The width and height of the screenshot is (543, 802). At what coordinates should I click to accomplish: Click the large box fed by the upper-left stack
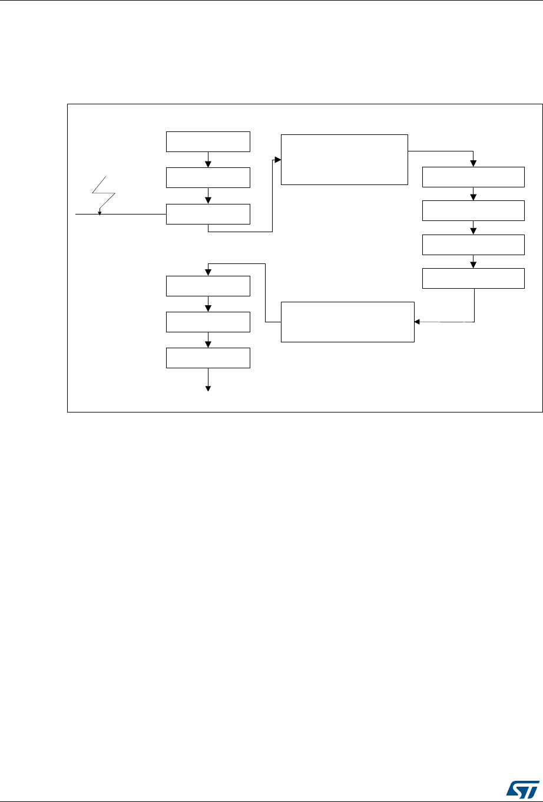[x=345, y=160]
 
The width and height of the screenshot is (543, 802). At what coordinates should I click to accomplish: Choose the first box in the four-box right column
[x=474, y=177]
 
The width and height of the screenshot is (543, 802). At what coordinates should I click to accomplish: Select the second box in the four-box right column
[x=474, y=210]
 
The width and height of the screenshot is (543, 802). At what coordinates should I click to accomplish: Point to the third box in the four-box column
[x=474, y=245]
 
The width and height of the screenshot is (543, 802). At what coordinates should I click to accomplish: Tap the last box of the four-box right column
[x=474, y=278]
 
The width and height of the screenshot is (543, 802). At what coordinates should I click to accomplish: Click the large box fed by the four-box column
[x=347, y=322]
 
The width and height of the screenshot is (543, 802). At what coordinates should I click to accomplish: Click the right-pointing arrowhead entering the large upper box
[x=278, y=160]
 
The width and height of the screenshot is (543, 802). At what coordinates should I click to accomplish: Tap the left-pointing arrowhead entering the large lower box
[x=418, y=322]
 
